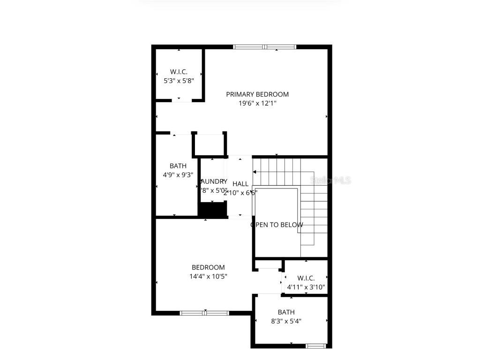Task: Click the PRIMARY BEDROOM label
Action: [257, 94]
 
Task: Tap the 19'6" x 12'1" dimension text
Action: [257, 103]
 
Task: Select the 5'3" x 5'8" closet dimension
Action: [179, 81]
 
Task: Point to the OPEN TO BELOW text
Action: [277, 225]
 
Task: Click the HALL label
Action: [240, 184]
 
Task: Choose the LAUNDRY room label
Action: [214, 181]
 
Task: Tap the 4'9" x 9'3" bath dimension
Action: [178, 174]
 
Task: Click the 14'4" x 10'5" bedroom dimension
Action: [208, 277]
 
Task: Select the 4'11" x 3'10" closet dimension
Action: [306, 287]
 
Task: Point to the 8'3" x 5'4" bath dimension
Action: [286, 321]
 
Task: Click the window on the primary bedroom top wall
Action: [265, 47]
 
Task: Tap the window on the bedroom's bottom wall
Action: [205, 313]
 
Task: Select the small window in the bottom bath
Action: [315, 346]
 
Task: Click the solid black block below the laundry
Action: [212, 210]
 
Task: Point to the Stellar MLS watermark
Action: [331, 180]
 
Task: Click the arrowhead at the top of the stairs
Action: [255, 172]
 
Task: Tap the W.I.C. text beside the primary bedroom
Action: [179, 72]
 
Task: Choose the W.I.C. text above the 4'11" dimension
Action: [306, 278]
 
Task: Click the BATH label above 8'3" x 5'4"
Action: [286, 312]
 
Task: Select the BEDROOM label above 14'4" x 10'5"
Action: [208, 268]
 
